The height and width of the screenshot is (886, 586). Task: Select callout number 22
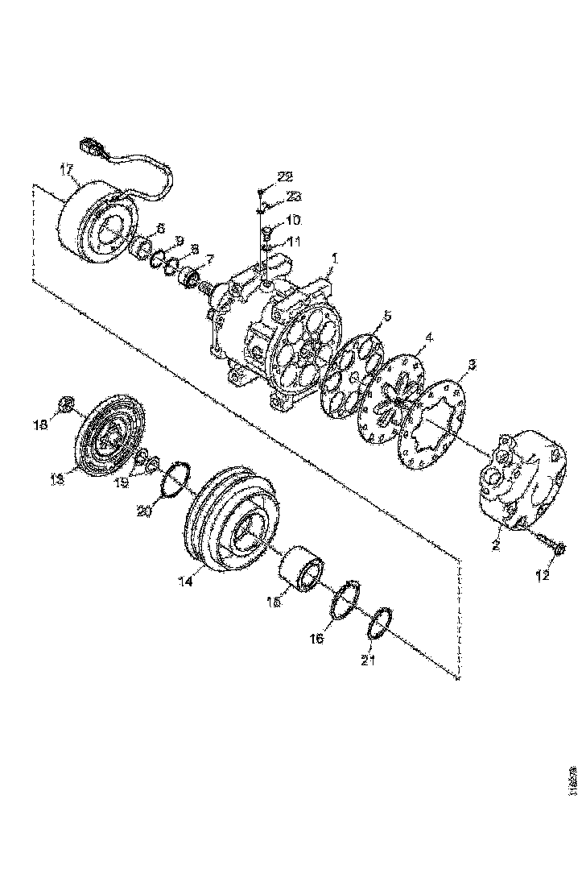(285, 176)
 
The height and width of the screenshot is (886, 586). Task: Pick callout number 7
(210, 259)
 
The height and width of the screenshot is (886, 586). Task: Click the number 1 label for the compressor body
(336, 259)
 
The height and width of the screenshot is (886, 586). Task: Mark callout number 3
(473, 365)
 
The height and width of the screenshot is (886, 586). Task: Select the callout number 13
(56, 478)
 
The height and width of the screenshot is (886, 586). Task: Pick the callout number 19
(121, 483)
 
